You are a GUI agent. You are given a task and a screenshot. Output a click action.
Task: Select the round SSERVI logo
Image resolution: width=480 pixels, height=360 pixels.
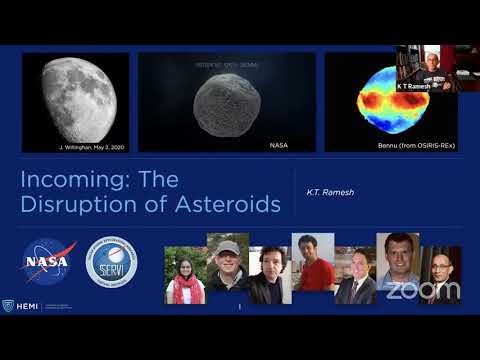pos(111,262)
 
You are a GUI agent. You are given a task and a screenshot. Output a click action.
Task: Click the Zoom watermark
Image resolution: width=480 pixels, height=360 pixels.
pos(423,291)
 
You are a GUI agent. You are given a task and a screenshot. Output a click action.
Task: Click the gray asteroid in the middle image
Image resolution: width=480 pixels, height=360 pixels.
pos(226,103)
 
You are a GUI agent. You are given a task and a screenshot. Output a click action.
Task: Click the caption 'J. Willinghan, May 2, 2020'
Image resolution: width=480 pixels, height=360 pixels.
pos(89,146)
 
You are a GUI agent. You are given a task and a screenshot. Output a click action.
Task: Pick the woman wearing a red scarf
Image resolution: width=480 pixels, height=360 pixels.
pos(184,276)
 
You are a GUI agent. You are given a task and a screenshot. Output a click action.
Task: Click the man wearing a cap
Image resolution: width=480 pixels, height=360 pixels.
pos(227,268)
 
